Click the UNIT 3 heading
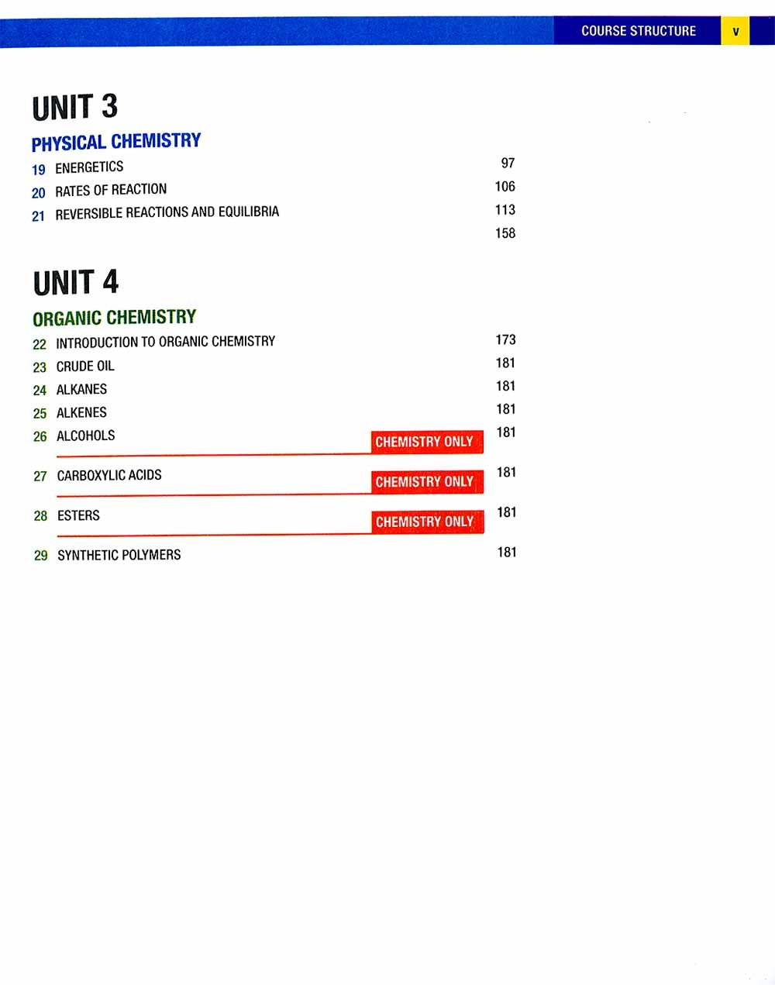75,107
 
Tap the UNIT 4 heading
76,282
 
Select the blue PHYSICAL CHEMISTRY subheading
116,142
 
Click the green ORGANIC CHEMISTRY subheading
115,318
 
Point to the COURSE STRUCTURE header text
639,31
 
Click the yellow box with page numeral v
735,31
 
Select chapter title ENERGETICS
89,167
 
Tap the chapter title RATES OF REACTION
111,191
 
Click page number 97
508,163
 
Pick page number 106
505,186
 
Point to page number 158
505,233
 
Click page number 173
506,339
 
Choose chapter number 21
39,216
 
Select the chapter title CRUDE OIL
85,366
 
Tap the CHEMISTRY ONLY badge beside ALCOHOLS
427,442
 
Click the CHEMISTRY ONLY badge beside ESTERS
428,522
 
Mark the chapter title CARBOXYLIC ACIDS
109,475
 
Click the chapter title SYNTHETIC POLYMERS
119,555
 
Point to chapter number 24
40,391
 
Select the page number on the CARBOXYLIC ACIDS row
507,472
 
